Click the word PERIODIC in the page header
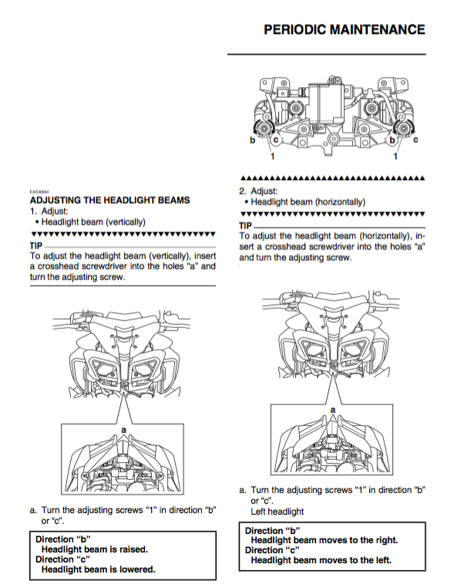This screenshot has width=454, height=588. click(294, 29)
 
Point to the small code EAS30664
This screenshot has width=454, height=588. click(39, 191)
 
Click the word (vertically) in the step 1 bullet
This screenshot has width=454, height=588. click(126, 222)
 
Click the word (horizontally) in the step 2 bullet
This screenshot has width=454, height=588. click(340, 202)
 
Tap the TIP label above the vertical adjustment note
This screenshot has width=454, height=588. click(36, 246)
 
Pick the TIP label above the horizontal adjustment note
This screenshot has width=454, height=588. click(245, 226)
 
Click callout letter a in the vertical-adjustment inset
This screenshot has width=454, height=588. click(124, 430)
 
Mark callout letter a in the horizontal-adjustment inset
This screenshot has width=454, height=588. click(333, 411)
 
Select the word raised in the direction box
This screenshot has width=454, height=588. click(133, 549)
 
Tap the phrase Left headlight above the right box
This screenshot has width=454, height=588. click(277, 512)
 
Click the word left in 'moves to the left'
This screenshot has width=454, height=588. click(382, 560)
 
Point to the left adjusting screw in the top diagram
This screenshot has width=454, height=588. click(264, 129)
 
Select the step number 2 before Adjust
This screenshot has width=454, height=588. click(243, 191)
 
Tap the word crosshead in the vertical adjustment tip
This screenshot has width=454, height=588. click(59, 266)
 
